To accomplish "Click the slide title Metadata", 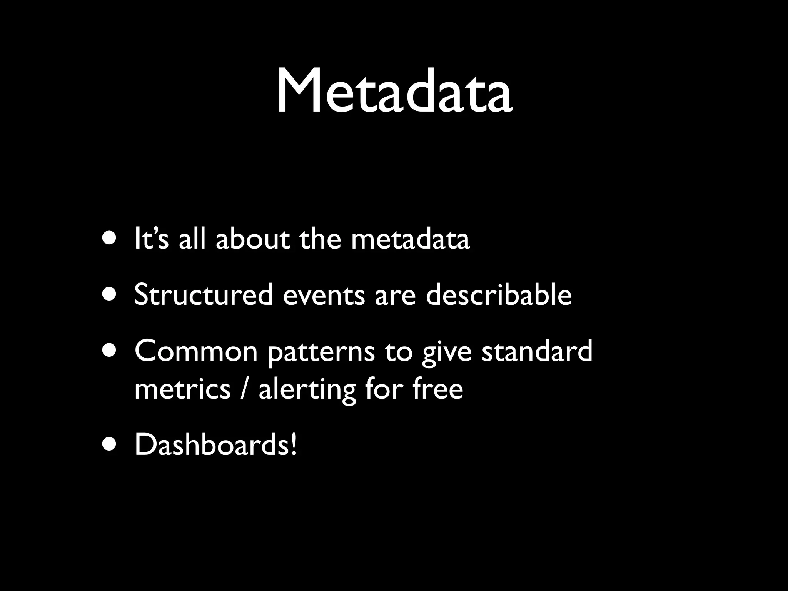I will click(x=394, y=92).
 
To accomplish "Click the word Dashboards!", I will click(x=216, y=445).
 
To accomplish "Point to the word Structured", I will click(x=204, y=295).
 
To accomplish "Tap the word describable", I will click(x=499, y=295).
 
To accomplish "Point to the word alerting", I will click(x=307, y=389).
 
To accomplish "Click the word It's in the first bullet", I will click(x=151, y=239).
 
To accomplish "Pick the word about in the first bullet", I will click(x=252, y=239).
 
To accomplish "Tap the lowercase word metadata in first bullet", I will click(x=410, y=239).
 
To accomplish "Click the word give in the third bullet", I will click(x=446, y=352).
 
